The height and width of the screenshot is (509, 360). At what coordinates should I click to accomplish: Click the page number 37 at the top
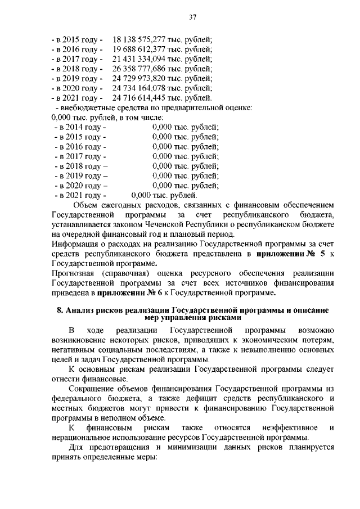[x=192, y=17]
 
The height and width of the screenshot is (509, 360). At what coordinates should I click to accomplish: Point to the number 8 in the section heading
[x=60, y=310]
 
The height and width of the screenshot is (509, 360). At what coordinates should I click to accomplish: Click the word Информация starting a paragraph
[x=77, y=244]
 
